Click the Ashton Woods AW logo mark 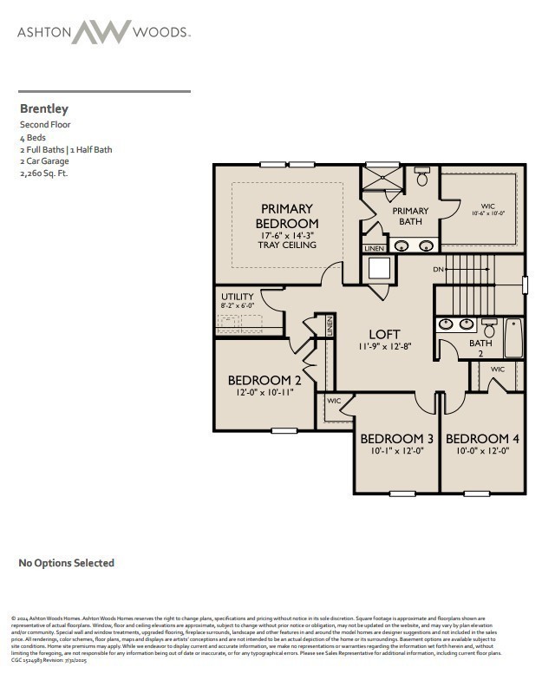pyautogui.click(x=101, y=32)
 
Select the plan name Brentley pyautogui.click(x=44, y=109)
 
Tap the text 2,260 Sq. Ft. pyautogui.click(x=43, y=173)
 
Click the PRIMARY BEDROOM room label pyautogui.click(x=287, y=216)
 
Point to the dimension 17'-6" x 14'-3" pyautogui.click(x=287, y=235)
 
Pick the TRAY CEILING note pyautogui.click(x=287, y=245)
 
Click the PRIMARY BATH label pyautogui.click(x=410, y=216)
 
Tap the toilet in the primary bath pyautogui.click(x=422, y=177)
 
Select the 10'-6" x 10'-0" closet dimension pyautogui.click(x=486, y=213)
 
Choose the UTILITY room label pyautogui.click(x=238, y=296)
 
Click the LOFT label pyautogui.click(x=384, y=334)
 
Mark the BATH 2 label pyautogui.click(x=480, y=348)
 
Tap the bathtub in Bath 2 pyautogui.click(x=513, y=339)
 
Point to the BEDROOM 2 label pyautogui.click(x=264, y=380)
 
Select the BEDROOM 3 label pyautogui.click(x=396, y=438)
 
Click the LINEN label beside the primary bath pyautogui.click(x=374, y=249)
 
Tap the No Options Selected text pyautogui.click(x=67, y=563)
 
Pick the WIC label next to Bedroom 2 pyautogui.click(x=334, y=401)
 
